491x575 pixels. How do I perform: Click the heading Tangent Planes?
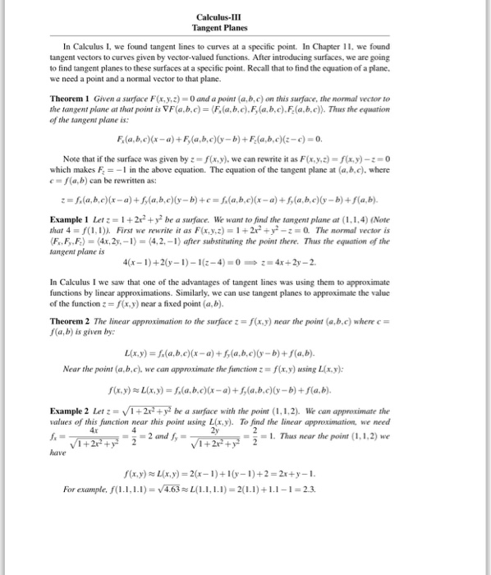245,28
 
